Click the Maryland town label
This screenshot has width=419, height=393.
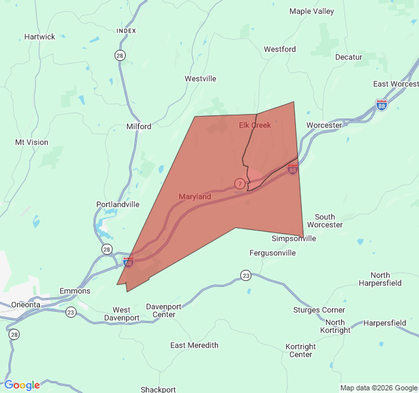coord(194,196)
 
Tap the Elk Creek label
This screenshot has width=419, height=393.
coord(255,125)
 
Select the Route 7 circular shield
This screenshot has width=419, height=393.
coord(240,183)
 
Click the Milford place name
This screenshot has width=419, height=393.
coord(139,126)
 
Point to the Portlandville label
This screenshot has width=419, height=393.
coord(118,204)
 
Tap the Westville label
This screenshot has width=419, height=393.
coord(200,79)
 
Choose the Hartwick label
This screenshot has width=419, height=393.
coord(40,37)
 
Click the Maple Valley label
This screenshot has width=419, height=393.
coord(312,11)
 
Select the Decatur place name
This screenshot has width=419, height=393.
coord(348,57)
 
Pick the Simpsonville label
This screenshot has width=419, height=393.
coord(294,238)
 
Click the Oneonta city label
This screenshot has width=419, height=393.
coord(24,305)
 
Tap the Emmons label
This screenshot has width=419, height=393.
coord(75,291)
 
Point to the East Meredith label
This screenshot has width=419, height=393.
coord(194,345)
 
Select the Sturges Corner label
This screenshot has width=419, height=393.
coord(319,310)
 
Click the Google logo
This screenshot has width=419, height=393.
coord(22,385)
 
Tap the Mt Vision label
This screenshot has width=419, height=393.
coord(31,142)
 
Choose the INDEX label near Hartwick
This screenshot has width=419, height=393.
coord(126,31)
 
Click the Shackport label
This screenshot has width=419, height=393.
coord(158,389)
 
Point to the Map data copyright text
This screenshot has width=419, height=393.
coord(378,388)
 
